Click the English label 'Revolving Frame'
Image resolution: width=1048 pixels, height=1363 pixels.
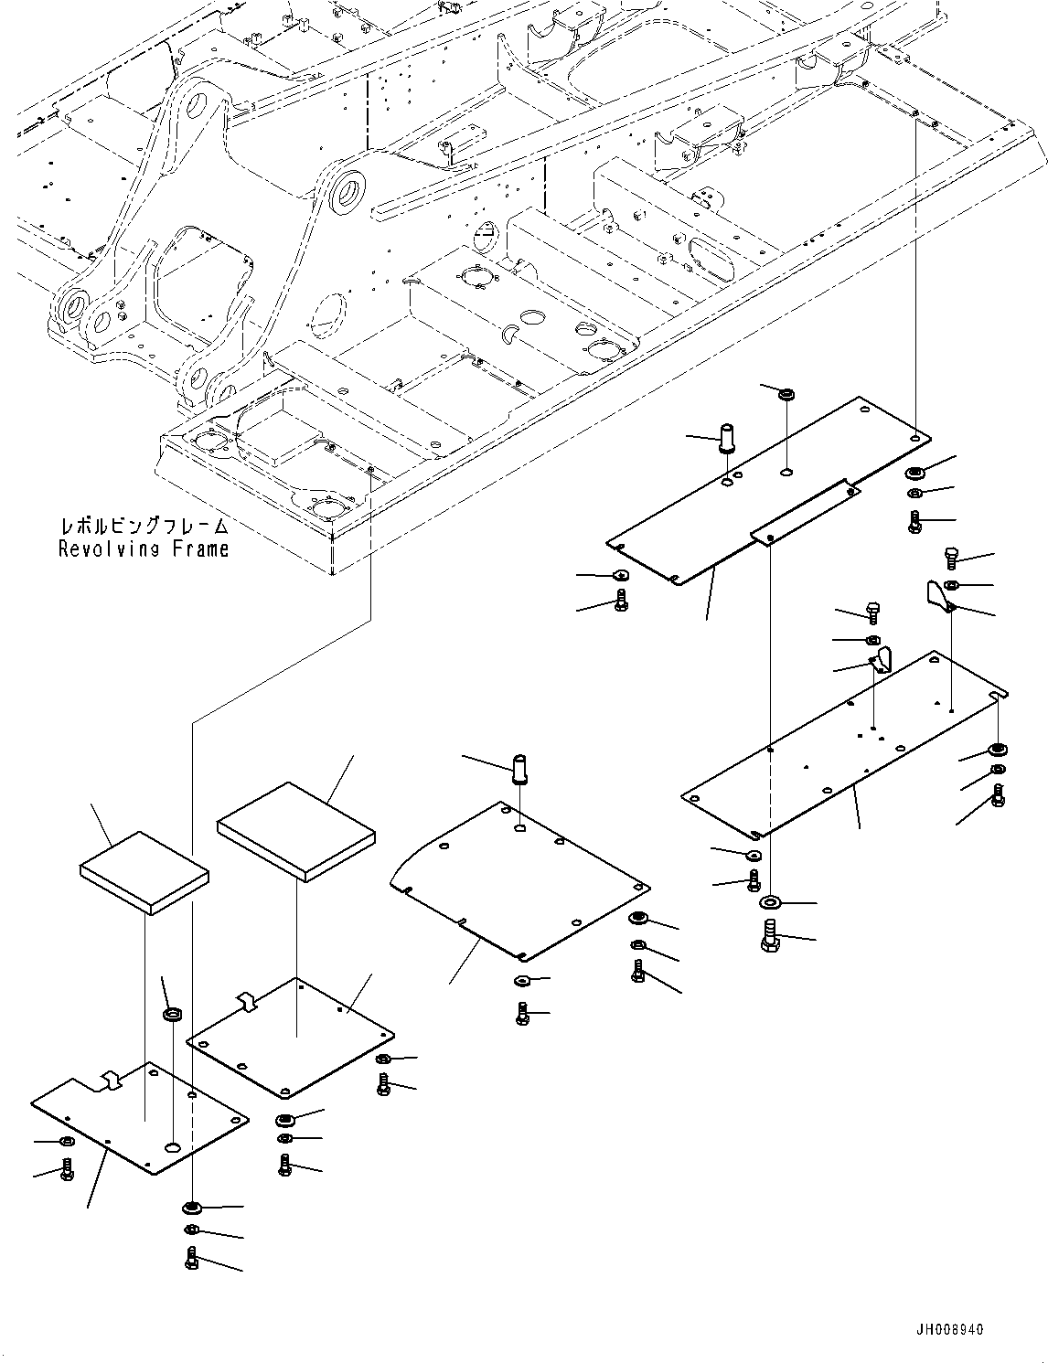[x=144, y=549]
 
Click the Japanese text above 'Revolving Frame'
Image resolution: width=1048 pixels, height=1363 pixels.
[x=144, y=527]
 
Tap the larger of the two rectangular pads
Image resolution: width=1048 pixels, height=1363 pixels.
[x=295, y=831]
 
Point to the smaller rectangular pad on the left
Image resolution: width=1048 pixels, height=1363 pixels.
[x=144, y=872]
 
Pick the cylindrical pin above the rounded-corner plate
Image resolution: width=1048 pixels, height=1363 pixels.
[x=521, y=768]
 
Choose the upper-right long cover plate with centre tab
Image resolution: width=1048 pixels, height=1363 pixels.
[x=768, y=494]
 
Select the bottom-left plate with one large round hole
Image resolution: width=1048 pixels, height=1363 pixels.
[x=139, y=1116]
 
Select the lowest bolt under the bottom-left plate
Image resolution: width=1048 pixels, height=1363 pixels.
[x=191, y=1258]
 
